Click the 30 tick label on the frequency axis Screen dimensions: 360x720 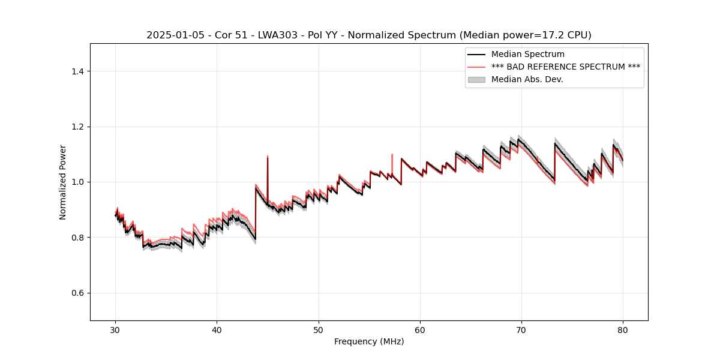(x=115, y=329)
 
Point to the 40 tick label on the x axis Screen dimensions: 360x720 (x=217, y=329)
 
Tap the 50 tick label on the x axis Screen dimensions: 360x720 (x=318, y=329)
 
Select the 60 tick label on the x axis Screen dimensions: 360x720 (x=420, y=329)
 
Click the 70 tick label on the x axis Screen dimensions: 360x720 (x=521, y=329)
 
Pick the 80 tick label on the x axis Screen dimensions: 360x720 (x=623, y=329)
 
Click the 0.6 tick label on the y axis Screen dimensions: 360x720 (x=77, y=293)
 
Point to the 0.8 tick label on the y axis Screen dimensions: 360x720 (x=77, y=238)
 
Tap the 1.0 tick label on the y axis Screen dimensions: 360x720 (x=77, y=182)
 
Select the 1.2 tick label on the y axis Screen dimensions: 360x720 (x=77, y=127)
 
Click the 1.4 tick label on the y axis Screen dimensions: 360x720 (x=77, y=71)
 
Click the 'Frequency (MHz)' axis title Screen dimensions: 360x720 (x=369, y=341)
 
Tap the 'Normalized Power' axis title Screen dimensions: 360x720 (x=63, y=182)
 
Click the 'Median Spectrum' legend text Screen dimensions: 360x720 (x=527, y=55)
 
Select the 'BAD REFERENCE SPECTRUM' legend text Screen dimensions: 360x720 (x=566, y=67)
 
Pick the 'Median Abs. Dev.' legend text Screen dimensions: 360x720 (x=527, y=79)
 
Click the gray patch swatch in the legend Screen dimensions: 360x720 (x=477, y=79)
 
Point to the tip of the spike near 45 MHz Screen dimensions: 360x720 (x=268, y=156)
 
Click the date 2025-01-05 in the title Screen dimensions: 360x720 (x=171, y=35)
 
